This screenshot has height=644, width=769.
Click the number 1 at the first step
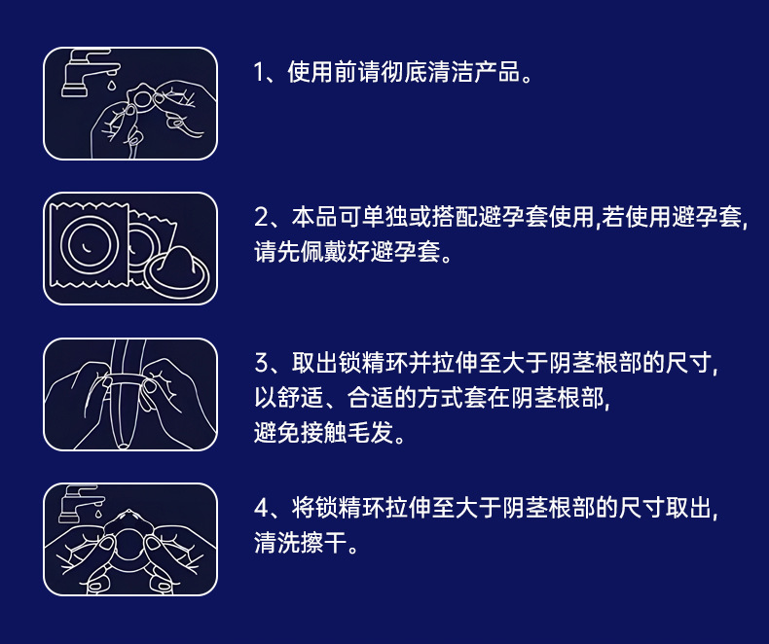coord(259,73)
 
